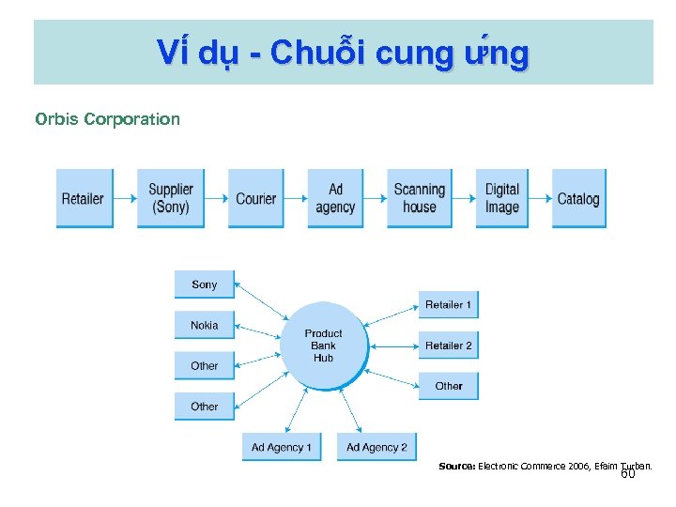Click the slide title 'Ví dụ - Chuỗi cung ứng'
[x=343, y=54]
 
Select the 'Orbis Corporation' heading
[x=107, y=119]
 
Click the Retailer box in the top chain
[x=84, y=198]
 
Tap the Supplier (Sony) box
[x=171, y=198]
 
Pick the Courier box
[x=256, y=198]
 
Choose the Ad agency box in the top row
[x=335, y=198]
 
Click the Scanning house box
[x=420, y=198]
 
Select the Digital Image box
[x=501, y=198]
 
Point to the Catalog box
[x=578, y=198]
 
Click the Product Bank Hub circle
[x=323, y=346]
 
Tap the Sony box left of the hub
[x=204, y=284]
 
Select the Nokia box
[x=204, y=326]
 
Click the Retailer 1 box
[x=448, y=305]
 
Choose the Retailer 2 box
[x=448, y=346]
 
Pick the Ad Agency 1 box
[x=281, y=447]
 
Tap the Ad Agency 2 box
[x=376, y=447]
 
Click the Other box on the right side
[x=448, y=386]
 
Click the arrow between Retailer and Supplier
[x=124, y=198]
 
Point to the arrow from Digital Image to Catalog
[x=539, y=198]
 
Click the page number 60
[x=627, y=474]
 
